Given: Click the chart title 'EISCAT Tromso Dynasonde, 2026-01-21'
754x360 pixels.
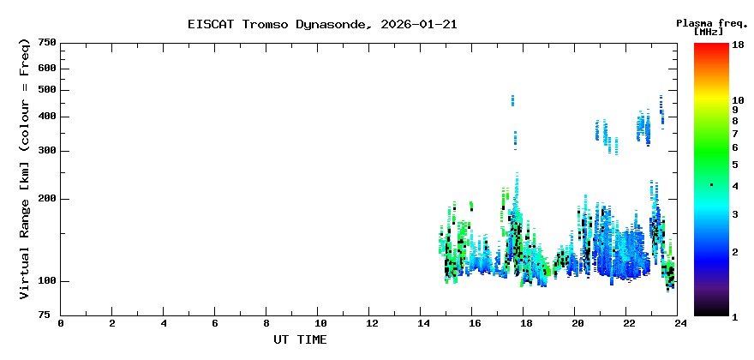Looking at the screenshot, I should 322,24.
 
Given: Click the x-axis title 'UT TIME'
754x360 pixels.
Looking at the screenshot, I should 300,339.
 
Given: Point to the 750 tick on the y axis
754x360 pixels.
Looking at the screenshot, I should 46,42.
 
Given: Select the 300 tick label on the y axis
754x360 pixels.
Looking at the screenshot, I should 46,151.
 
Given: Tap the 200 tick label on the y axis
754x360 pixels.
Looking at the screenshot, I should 46,199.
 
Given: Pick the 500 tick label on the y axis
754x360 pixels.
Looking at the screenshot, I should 46,90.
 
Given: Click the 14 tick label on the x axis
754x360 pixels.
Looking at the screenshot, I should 422,323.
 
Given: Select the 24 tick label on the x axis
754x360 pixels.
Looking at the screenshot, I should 679,323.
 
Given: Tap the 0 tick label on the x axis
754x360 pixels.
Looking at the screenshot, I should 61,323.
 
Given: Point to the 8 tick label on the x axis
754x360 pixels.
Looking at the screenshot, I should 266,323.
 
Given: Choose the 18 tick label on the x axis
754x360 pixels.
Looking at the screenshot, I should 525,323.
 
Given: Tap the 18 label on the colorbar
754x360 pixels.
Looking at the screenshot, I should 738,45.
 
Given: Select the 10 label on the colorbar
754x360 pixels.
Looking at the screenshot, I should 738,100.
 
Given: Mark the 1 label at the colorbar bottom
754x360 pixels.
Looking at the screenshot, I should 735,317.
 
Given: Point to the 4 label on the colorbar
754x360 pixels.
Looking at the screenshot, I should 735,186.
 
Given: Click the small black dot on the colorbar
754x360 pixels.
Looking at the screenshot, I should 711,185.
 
